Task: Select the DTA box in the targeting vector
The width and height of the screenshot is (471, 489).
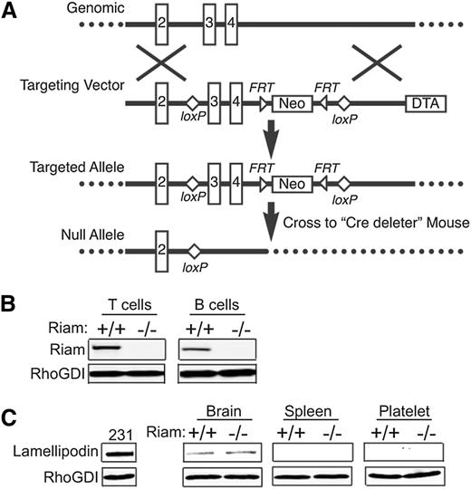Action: point(425,103)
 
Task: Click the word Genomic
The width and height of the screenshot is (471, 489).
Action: point(88,9)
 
